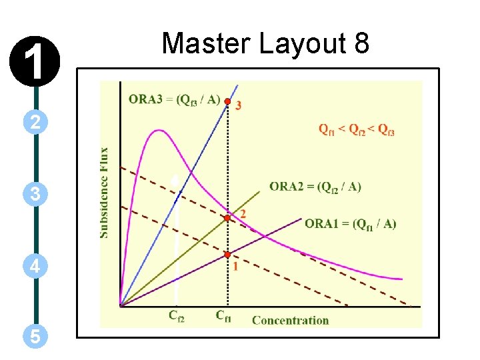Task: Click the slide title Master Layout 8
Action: [x=265, y=44]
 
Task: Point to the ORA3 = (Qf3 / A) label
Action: [x=174, y=99]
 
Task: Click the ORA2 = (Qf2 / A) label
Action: [x=315, y=187]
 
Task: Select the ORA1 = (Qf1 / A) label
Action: [x=350, y=223]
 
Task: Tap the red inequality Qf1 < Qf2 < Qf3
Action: [x=356, y=130]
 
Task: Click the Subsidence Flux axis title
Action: [x=105, y=193]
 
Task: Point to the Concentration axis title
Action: [x=290, y=321]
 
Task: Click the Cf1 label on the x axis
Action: [x=223, y=315]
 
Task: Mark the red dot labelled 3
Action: [x=227, y=102]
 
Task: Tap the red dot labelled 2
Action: [x=227, y=218]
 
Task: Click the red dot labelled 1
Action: [x=227, y=255]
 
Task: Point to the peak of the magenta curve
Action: [x=158, y=130]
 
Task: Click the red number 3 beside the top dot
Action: [x=239, y=105]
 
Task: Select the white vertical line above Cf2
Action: [x=175, y=240]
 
